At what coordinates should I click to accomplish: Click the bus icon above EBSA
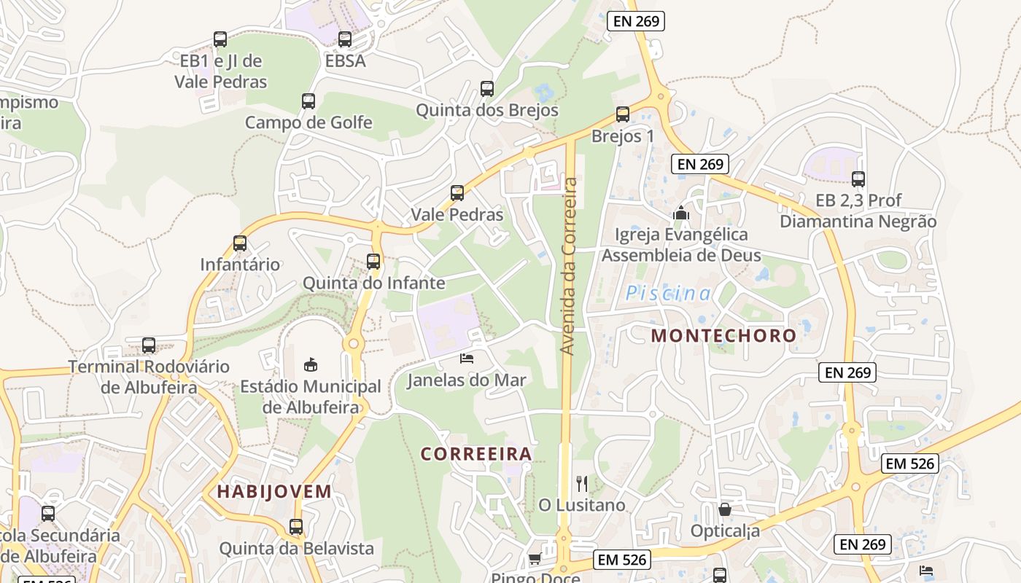(345, 39)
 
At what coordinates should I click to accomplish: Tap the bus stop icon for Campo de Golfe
(308, 101)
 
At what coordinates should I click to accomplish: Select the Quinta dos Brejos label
(486, 110)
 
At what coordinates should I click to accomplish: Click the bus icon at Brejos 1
(622, 114)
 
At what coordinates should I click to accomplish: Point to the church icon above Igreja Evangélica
(681, 213)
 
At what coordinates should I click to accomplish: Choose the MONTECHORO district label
(723, 335)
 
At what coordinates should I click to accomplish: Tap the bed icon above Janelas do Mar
(467, 358)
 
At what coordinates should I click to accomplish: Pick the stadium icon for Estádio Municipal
(311, 364)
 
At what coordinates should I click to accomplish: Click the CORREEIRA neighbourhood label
(476, 453)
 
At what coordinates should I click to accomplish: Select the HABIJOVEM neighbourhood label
(274, 491)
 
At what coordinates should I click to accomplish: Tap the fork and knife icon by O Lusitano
(582, 483)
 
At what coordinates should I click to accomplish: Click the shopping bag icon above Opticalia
(725, 509)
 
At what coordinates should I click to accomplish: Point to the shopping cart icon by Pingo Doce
(535, 559)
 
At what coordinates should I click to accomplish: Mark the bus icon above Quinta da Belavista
(296, 526)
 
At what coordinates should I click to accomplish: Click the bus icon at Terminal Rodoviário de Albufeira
(149, 345)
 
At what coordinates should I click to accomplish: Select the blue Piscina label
(669, 294)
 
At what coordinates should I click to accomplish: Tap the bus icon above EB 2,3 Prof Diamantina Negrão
(858, 179)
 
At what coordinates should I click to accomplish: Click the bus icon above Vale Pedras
(457, 193)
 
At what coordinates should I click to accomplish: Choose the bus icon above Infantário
(240, 243)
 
